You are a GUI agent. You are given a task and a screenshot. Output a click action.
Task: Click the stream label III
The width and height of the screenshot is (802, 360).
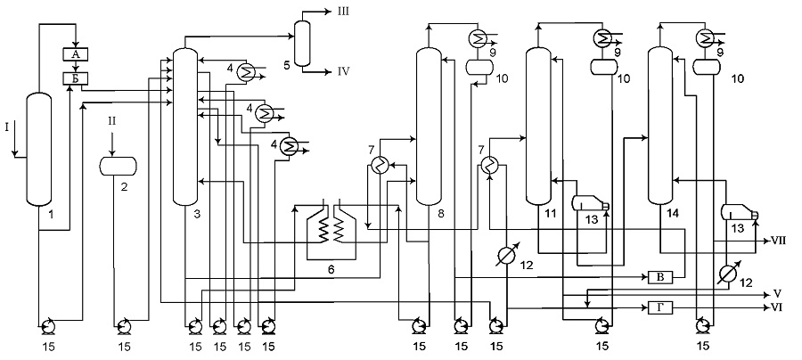[x=343, y=11]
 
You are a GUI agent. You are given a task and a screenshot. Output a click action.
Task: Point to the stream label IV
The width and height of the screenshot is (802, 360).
[x=343, y=71]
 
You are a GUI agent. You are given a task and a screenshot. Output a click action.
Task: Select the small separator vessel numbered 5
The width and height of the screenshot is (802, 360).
[x=302, y=43]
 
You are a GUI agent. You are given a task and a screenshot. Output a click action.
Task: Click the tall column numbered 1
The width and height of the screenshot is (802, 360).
[x=39, y=149]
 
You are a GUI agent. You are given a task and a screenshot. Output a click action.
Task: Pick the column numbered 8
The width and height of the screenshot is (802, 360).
[x=429, y=126]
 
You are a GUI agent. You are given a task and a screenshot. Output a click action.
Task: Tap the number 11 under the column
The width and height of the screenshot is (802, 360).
[x=550, y=215]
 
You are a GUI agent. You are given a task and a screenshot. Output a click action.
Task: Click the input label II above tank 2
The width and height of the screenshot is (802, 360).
[x=112, y=122]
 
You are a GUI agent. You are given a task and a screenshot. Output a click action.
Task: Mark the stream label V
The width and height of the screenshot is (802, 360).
[x=778, y=294]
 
